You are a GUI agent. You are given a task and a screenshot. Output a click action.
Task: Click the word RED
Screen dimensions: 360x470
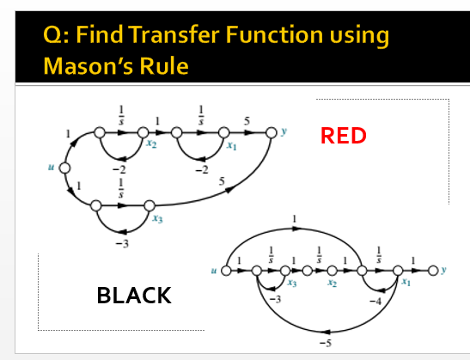[343, 135]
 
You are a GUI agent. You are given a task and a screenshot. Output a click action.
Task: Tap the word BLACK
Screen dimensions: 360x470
[134, 296]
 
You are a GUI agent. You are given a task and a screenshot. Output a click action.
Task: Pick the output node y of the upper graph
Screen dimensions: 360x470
[272, 131]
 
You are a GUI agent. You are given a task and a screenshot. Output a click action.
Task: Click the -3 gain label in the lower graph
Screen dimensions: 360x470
[276, 299]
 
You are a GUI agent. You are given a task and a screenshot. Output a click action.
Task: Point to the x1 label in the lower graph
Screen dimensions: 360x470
[404, 283]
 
